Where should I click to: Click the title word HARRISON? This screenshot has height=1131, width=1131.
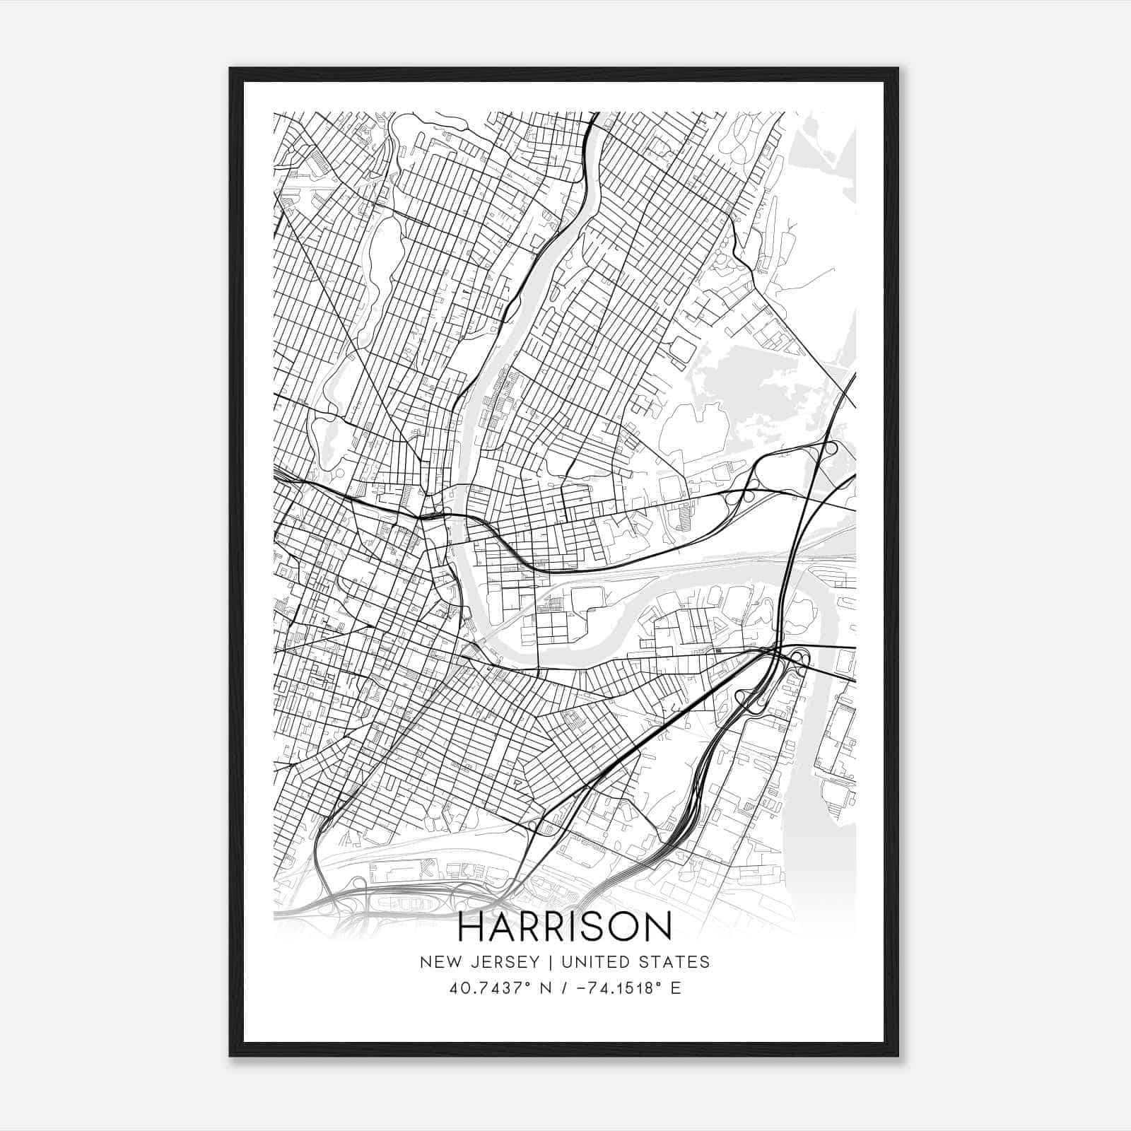pyautogui.click(x=565, y=927)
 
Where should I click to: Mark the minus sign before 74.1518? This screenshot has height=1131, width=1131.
pyautogui.click(x=581, y=988)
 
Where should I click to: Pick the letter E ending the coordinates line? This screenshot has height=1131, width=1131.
pyautogui.click(x=676, y=988)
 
